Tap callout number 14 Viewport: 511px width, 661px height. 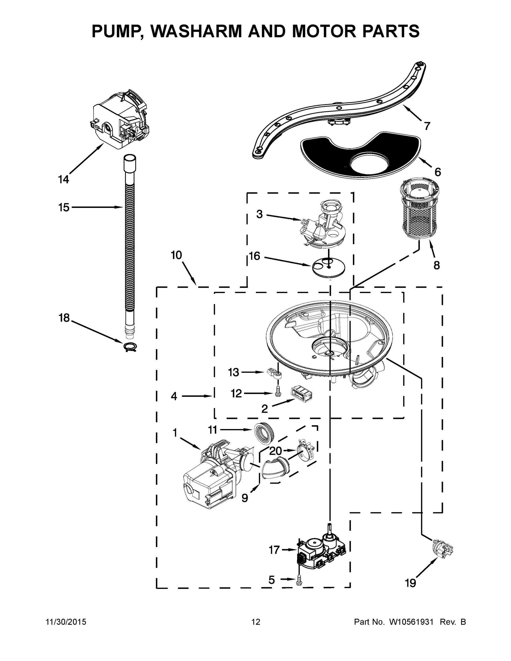coord(64,180)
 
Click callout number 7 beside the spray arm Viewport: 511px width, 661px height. coord(427,126)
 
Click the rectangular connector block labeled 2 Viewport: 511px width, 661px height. coord(301,394)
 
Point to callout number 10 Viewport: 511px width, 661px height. coord(176,255)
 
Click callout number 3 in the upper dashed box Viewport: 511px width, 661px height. coord(259,214)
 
